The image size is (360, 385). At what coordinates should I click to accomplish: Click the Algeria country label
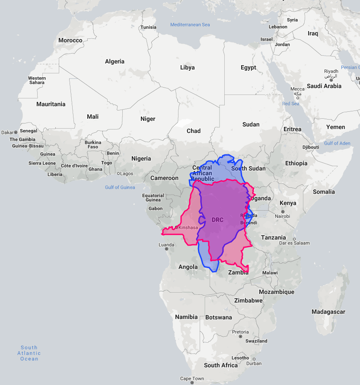point(115,61)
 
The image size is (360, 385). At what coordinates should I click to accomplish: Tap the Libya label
point(187,67)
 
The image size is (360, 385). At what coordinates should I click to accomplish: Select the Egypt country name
point(248,67)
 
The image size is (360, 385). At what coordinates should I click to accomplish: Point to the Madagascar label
point(328,312)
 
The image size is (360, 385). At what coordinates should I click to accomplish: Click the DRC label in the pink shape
point(217,220)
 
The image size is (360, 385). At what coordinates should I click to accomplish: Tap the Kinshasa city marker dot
point(177,227)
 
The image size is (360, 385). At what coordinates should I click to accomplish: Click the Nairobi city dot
point(277,211)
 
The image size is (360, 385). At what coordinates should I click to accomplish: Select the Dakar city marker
point(16,132)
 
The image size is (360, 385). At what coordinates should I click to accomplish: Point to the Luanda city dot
point(166,249)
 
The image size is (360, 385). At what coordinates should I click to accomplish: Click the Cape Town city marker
point(192,383)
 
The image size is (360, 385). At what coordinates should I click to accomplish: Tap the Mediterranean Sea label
point(190,25)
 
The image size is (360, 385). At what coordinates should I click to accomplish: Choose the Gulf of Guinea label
point(120,187)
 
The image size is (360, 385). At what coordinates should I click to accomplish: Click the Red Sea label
point(290,104)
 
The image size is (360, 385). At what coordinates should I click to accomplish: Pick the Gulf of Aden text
point(337,143)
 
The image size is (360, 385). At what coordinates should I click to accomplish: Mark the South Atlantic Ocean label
point(29,353)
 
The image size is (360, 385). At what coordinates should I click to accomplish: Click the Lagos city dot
point(119,174)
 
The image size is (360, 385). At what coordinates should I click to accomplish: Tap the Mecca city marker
point(297,98)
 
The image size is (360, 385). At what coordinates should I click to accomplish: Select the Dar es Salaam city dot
point(294,239)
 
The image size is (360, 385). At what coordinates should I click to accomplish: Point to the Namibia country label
point(186,317)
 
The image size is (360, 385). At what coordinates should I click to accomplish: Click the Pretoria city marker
point(240,338)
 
